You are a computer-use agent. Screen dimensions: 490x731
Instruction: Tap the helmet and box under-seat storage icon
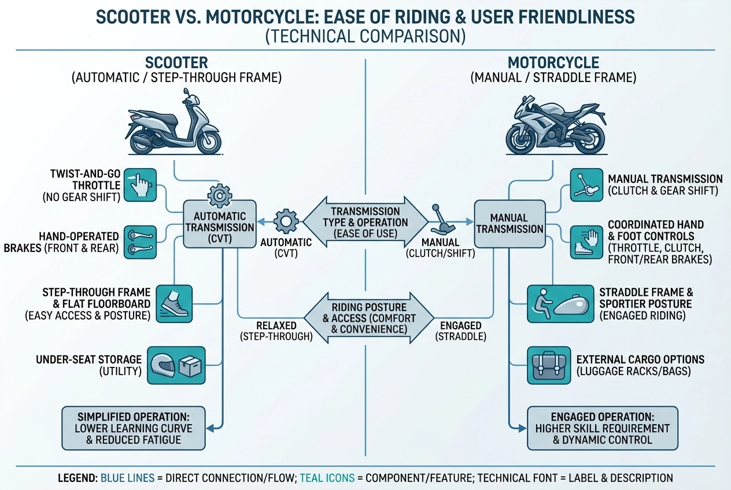(176, 365)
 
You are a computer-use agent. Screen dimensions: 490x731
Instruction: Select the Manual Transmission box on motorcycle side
(509, 224)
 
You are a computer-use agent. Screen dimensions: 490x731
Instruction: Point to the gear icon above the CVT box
(219, 196)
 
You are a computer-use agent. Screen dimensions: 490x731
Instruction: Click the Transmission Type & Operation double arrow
(365, 222)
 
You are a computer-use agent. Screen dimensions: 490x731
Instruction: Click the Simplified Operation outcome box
(134, 428)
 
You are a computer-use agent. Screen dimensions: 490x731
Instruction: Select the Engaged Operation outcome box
(603, 428)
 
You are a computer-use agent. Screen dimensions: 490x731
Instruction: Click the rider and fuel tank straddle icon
(560, 303)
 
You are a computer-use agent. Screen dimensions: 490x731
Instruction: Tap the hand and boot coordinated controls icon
(586, 242)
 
